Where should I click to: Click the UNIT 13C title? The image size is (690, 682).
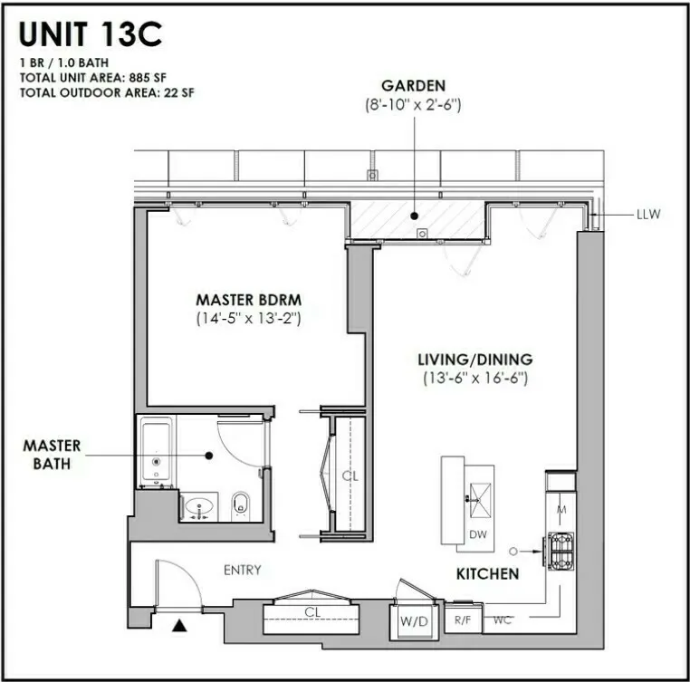91,34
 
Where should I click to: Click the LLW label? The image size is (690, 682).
648,215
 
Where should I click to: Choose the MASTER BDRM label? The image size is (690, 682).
248,300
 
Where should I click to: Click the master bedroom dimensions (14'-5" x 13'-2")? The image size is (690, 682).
248,318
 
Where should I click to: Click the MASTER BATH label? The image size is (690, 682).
52,456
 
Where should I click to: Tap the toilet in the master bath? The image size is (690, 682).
241,504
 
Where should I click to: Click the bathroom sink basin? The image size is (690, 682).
199,504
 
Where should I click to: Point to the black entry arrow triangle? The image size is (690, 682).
179,624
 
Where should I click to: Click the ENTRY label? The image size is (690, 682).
242,570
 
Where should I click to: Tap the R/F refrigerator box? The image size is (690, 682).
463,620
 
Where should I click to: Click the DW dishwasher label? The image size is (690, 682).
477,534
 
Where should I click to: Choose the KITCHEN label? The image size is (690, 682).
487,573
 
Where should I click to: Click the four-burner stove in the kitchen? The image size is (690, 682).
559,549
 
